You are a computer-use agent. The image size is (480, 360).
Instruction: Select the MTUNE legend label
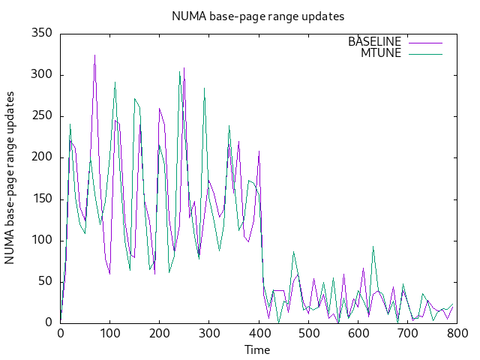click(x=381, y=53)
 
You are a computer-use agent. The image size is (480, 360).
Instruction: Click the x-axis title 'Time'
click(x=257, y=349)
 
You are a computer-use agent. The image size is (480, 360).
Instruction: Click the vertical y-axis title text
click(x=10, y=178)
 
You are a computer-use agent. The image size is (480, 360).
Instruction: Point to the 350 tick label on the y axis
click(x=41, y=34)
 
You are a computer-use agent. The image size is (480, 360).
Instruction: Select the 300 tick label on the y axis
click(x=41, y=75)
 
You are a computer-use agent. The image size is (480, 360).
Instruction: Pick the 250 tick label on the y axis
click(x=41, y=116)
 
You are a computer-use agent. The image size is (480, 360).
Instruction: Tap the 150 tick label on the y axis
click(x=41, y=199)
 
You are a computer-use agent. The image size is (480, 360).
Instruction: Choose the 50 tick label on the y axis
click(x=44, y=281)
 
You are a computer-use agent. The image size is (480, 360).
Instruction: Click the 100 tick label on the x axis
click(x=109, y=334)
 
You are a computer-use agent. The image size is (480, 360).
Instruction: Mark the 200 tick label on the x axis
click(x=159, y=334)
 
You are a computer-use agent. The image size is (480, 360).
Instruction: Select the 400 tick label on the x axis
click(x=258, y=334)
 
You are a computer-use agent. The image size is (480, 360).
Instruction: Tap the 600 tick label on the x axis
click(x=358, y=334)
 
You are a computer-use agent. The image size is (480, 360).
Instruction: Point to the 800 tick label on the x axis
click(x=457, y=334)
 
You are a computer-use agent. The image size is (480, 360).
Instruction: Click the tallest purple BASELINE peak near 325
click(x=94, y=55)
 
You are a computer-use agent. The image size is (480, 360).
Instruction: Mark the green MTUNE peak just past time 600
click(x=373, y=246)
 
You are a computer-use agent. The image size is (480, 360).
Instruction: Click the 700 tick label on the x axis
click(x=407, y=334)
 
